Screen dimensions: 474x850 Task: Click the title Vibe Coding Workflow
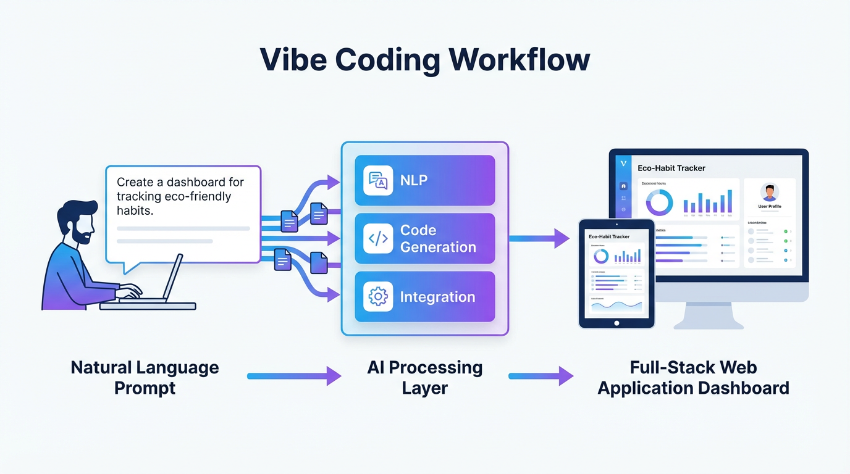coord(424,60)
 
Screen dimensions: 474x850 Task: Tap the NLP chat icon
coord(378,180)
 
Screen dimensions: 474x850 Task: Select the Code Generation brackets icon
coord(378,238)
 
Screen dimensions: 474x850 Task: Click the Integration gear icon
coord(378,297)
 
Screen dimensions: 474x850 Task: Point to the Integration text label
coord(437,297)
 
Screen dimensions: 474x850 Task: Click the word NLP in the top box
coord(414,180)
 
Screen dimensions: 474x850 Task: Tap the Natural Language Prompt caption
coord(145,378)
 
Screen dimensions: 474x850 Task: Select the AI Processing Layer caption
coord(424,378)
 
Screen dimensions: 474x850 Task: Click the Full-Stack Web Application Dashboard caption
coord(693,378)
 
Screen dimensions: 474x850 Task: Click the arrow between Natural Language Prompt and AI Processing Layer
coord(294,376)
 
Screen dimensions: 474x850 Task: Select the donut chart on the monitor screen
coord(659,202)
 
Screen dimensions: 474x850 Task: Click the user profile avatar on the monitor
coord(769,193)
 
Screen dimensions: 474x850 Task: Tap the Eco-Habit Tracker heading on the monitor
coord(671,168)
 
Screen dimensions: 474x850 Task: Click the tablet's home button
coord(616,323)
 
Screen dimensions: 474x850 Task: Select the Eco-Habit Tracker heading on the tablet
coord(609,236)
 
